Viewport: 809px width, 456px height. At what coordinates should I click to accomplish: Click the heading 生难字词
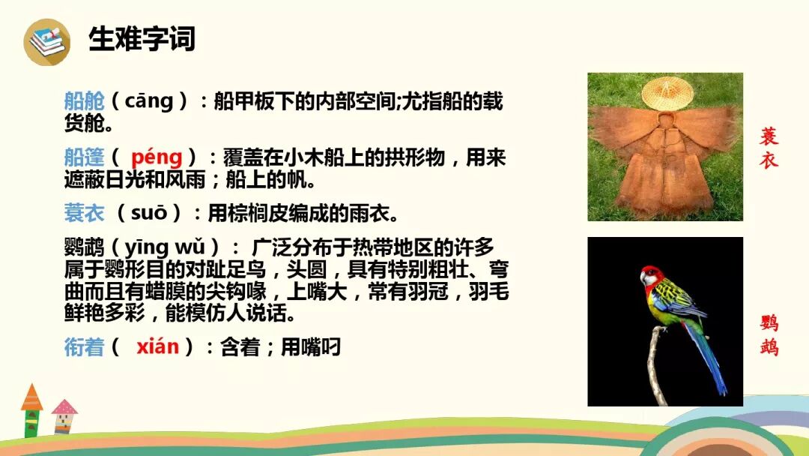tap(142, 39)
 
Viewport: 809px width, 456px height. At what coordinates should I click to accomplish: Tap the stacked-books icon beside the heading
tap(46, 41)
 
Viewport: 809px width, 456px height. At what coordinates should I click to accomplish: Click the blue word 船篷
tap(84, 157)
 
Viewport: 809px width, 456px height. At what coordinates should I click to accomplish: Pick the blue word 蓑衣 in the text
tap(84, 214)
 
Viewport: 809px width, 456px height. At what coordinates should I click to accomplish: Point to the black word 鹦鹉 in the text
tap(84, 247)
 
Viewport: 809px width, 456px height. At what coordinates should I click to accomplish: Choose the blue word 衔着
tap(84, 347)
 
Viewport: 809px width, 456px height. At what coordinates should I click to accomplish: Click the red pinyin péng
tap(157, 157)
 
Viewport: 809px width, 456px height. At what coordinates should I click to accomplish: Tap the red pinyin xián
tap(157, 346)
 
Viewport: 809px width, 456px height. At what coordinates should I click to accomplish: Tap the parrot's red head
tap(652, 275)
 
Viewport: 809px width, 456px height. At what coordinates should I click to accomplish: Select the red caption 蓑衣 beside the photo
tap(769, 148)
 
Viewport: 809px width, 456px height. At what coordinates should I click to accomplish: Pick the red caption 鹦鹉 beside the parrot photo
tap(769, 335)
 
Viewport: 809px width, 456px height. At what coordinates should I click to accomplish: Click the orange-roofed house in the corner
tap(31, 409)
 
